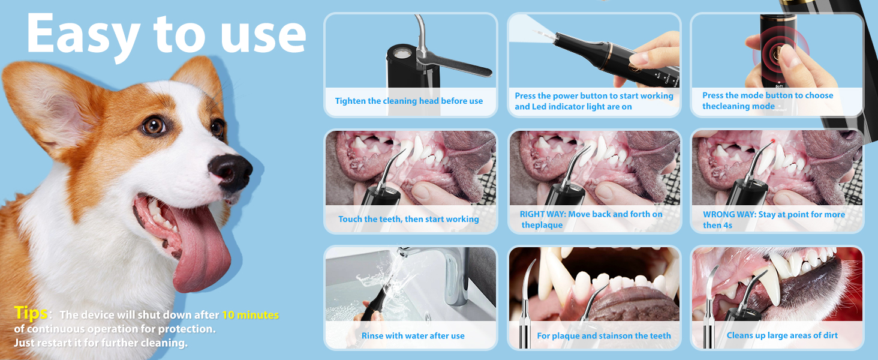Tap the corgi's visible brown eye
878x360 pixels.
click(x=154, y=126)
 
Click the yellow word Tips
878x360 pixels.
click(x=30, y=313)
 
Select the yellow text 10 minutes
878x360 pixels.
click(x=250, y=315)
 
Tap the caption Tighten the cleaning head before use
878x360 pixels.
click(x=408, y=101)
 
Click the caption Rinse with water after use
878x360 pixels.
click(x=413, y=336)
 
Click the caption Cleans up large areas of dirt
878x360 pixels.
click(x=782, y=335)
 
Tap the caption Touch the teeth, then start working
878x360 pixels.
click(x=408, y=219)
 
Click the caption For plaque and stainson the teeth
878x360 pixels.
click(x=603, y=336)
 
